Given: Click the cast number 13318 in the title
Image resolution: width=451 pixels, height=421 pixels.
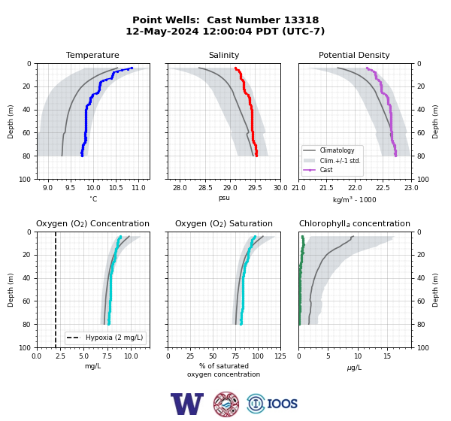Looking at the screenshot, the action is coord(301,20).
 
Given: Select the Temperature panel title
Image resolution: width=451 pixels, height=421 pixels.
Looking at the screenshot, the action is coord(92,55).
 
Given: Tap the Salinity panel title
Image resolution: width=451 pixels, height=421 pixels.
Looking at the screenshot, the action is coord(224,55).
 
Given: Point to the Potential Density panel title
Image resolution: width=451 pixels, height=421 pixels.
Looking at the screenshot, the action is coord(354,55).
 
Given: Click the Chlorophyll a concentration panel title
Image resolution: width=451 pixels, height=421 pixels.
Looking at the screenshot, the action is coord(355,223).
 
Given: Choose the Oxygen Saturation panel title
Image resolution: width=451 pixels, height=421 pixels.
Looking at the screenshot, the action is coord(224,223).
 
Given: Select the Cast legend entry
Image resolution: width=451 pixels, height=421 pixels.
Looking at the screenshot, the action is coord(326,170).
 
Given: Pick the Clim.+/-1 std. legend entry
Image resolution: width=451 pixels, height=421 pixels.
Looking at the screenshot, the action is coord(340,160).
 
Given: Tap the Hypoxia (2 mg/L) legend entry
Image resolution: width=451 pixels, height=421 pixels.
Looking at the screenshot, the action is coord(114,338).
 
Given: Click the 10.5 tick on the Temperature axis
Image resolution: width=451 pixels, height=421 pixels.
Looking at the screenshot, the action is coord(116,188).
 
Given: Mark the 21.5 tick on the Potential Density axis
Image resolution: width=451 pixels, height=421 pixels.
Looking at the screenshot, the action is coord(326,188).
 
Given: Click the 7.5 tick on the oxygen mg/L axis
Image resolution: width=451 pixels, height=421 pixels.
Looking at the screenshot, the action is coord(107,356).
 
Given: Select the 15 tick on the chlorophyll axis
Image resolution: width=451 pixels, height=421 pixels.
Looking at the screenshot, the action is coord(387,356).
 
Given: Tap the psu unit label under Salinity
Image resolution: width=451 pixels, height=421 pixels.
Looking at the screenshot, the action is coord(224,198).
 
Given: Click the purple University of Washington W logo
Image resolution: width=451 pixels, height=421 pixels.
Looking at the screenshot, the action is coord(187,404).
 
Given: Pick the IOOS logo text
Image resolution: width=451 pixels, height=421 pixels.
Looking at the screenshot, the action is coord(283,404).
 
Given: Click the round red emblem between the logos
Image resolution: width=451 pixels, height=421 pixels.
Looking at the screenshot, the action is coord(226,404).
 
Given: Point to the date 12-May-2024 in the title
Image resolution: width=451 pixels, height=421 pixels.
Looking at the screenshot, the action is coord(162,31).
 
